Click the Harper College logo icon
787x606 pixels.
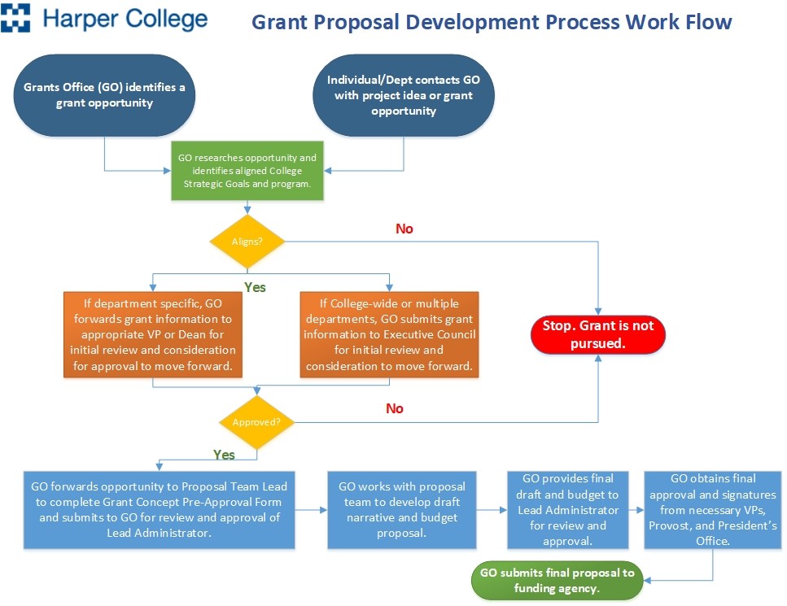[x=15, y=18]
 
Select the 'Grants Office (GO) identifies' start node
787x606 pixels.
[x=104, y=95]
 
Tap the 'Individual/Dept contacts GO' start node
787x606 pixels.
[x=404, y=95]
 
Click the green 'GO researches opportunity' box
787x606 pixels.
[x=247, y=171]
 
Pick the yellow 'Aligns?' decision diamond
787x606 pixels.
[x=247, y=242]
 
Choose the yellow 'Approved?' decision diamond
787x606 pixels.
[x=257, y=422]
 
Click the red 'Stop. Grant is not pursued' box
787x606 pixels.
[x=598, y=334]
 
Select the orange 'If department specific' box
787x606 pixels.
[x=153, y=334]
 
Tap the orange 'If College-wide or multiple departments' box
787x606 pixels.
[x=390, y=334]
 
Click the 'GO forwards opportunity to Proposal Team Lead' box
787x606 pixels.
[x=159, y=510]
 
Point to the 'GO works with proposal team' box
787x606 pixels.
[x=402, y=510]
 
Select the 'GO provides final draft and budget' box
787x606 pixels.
[x=567, y=510]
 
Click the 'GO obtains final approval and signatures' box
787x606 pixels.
[x=713, y=510]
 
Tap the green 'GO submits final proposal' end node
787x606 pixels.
[x=557, y=581]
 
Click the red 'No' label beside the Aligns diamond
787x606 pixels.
[x=404, y=229]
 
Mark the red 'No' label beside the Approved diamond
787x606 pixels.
[x=395, y=408]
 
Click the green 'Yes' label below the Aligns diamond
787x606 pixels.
[x=255, y=287]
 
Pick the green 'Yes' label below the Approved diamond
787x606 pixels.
[x=224, y=455]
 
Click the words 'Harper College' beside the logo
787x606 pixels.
[x=125, y=19]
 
